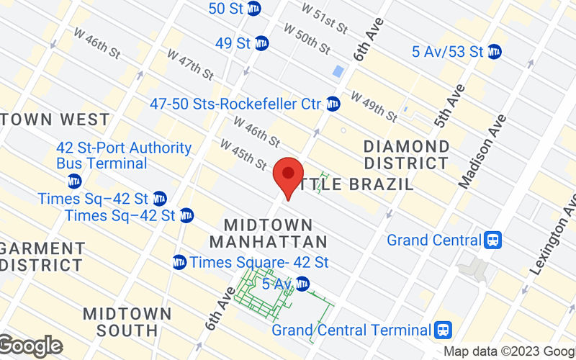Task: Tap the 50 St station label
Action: pyautogui.click(x=226, y=9)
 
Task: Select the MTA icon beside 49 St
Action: pyautogui.click(x=261, y=43)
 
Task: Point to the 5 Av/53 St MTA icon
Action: pyautogui.click(x=494, y=52)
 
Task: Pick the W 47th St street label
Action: pyautogui.click(x=190, y=63)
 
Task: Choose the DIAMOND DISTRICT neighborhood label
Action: pyautogui.click(x=407, y=155)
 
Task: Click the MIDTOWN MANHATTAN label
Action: pyautogui.click(x=275, y=233)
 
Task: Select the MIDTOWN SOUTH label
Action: pyautogui.click(x=127, y=323)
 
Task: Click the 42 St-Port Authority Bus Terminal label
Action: pyautogui.click(x=124, y=156)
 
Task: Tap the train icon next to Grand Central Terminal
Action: pyautogui.click(x=443, y=330)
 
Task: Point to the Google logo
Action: pyautogui.click(x=30, y=346)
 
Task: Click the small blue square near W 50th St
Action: pyautogui.click(x=338, y=71)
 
